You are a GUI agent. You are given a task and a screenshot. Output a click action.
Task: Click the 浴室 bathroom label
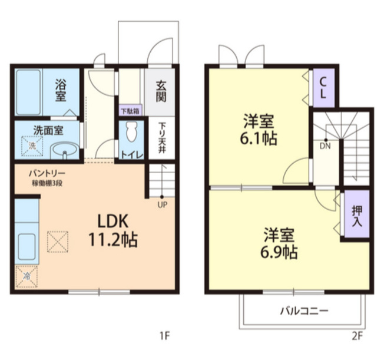point(61,90)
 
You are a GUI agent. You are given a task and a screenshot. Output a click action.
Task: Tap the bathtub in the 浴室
point(29,93)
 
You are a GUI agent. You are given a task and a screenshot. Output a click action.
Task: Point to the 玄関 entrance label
point(161,91)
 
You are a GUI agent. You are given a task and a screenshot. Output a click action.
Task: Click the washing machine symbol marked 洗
point(32,146)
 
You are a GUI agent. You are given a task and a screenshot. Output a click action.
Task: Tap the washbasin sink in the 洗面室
point(65,151)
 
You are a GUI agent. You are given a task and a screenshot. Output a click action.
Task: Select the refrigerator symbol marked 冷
point(27,277)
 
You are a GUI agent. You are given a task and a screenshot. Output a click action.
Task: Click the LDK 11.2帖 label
point(113,230)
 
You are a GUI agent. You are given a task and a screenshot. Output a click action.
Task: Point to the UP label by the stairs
point(163,204)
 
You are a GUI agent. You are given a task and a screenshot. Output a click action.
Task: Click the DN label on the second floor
point(325,146)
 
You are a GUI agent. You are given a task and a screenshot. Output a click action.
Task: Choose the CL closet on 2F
point(323,88)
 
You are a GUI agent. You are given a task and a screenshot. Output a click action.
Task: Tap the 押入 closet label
point(357,216)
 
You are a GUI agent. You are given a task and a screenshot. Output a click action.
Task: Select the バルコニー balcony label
point(304,311)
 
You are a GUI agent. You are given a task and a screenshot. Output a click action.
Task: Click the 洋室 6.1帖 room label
point(259,130)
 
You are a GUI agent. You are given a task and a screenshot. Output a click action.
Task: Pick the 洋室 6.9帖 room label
point(279,243)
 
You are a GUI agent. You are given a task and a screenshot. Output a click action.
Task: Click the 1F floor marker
point(165,336)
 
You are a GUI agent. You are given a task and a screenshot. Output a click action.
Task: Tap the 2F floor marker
point(357,336)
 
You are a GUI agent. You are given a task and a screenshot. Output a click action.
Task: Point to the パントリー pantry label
point(47,173)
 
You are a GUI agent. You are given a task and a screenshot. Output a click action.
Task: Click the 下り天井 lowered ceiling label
point(161,138)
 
